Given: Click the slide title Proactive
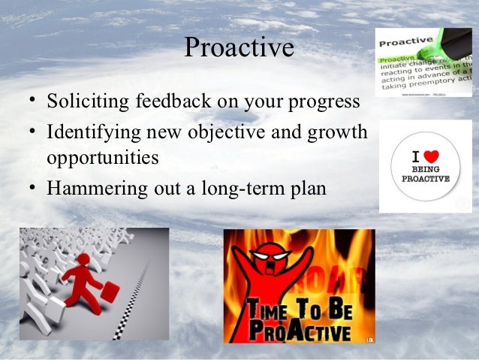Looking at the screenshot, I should coord(239,48).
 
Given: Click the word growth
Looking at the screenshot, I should coord(336,135).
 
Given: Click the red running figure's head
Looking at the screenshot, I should coord(83,259).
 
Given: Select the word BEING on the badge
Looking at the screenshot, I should coord(426,170).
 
